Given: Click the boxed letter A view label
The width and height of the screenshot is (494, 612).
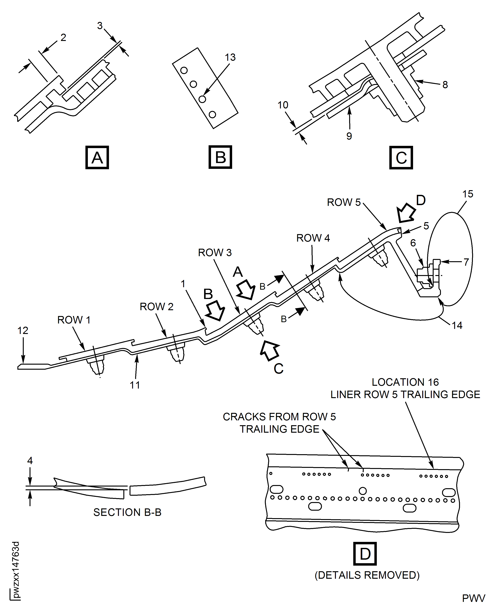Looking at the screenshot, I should point(97,157).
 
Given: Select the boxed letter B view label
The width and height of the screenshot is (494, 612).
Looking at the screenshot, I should point(220,157).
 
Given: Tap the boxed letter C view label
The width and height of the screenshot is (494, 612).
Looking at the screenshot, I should point(401,158).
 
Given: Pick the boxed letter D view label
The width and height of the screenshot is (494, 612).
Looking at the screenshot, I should point(365,554).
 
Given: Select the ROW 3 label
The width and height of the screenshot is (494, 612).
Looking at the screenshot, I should point(215,252).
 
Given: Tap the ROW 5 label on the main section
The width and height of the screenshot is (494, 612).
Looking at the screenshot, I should point(344,202).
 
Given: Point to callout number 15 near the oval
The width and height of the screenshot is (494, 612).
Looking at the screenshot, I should point(467,194).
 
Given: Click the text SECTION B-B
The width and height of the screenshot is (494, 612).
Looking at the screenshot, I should point(127,512).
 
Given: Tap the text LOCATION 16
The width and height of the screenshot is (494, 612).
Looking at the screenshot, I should point(405,382).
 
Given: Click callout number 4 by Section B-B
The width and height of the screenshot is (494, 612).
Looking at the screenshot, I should point(30,461).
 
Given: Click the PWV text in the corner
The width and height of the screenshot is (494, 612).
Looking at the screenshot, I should point(473,598).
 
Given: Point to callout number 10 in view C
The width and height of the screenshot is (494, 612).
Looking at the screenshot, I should point(283,105).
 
